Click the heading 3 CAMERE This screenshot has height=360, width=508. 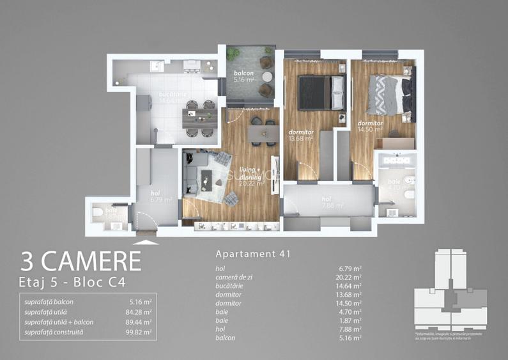pyautogui.click(x=81, y=261)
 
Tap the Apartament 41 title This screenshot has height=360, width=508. pyautogui.click(x=253, y=254)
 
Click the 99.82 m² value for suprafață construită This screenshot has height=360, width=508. pyautogui.click(x=139, y=333)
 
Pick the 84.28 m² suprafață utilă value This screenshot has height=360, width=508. pyautogui.click(x=139, y=312)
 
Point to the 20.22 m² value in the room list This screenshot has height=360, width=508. pyautogui.click(x=350, y=278)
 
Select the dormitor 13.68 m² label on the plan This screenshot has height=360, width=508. pyautogui.click(x=300, y=135)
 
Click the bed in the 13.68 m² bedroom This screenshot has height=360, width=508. pyautogui.click(x=322, y=92)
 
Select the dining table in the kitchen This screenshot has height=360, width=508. pyautogui.click(x=199, y=114)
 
